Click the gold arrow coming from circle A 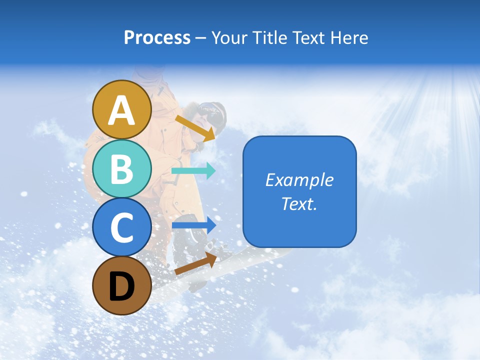pos(195,128)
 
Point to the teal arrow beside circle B pos(193,170)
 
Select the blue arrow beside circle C pos(194,225)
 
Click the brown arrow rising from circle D pos(195,263)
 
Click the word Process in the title pos(157,37)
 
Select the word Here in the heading pos(350,37)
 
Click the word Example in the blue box pos(299,180)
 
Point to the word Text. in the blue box pos(299,203)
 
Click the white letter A pos(121,110)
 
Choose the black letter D pos(121,286)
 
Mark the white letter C pos(121,228)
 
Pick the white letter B pos(121,169)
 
